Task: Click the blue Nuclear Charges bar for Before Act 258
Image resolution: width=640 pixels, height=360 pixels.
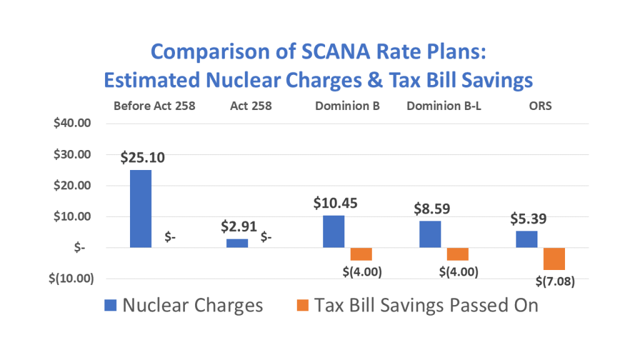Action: point(140,209)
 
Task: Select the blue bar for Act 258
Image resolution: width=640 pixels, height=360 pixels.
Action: point(237,243)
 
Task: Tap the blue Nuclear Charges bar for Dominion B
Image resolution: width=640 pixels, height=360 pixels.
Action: point(334,231)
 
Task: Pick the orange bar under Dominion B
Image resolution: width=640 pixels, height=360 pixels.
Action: point(361,254)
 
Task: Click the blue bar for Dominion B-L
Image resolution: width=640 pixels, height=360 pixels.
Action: point(430,234)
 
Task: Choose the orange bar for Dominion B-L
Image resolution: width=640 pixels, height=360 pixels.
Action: point(457,254)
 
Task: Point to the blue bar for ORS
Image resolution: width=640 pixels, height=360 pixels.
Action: point(526,239)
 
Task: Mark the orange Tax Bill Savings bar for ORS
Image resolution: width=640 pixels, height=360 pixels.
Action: point(554,259)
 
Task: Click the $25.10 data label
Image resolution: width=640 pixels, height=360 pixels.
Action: point(143,157)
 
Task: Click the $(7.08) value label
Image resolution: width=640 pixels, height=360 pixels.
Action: point(555,281)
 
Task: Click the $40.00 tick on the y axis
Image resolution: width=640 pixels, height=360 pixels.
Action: point(73,123)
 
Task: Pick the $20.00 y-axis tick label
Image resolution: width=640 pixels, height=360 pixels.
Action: point(73,186)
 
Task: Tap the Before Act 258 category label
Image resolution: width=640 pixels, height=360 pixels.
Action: point(154,106)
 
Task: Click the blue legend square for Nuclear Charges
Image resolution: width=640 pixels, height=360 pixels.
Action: point(109,305)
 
